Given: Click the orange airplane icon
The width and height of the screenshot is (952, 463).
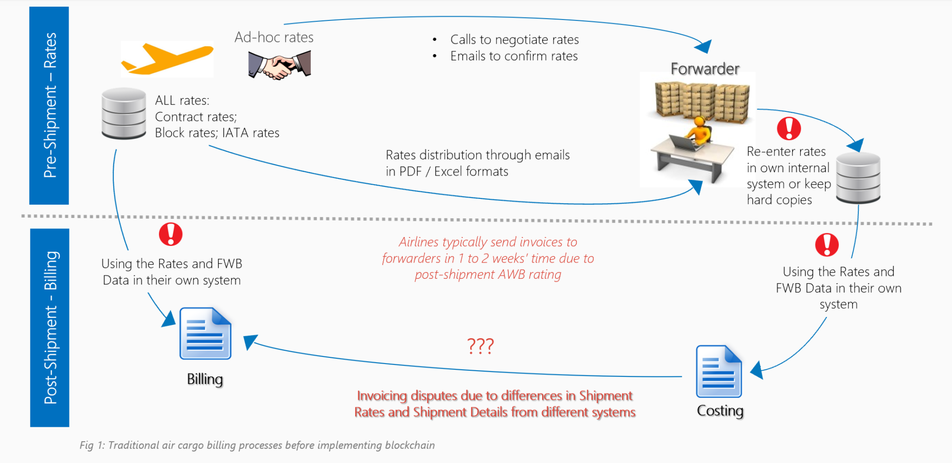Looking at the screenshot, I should pos(167,59).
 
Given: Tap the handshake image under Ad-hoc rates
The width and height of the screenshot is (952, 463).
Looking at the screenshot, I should pos(279,65).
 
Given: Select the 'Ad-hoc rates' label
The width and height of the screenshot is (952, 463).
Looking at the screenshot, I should pos(274,37).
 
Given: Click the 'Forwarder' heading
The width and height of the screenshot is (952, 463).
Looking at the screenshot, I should pos(705,69).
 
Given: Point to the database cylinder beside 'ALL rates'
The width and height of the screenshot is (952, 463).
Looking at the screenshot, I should pos(124,113).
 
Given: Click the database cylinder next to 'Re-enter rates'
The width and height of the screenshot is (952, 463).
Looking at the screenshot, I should pos(858,177).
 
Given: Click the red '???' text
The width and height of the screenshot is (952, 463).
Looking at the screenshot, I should pos(480,346).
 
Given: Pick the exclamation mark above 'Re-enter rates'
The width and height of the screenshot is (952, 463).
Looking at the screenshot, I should pos(789,128).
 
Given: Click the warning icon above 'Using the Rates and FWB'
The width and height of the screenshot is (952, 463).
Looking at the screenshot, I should pos(170,234).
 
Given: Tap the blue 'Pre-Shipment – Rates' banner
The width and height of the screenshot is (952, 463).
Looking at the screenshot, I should pos(49,106).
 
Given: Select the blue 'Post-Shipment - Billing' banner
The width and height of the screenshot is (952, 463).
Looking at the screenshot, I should pos(50,327).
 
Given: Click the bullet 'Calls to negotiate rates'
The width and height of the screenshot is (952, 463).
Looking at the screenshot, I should pos(514,39).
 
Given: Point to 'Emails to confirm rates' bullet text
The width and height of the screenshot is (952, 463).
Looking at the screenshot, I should pos(514,56).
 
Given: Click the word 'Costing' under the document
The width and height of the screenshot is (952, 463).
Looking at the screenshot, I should pos(720,411).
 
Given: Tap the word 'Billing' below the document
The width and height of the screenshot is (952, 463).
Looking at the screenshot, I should pos(205,379).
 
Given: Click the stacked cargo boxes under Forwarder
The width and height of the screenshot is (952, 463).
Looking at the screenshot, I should pos(702,99).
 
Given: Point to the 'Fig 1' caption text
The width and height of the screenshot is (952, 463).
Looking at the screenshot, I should pos(257,445).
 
